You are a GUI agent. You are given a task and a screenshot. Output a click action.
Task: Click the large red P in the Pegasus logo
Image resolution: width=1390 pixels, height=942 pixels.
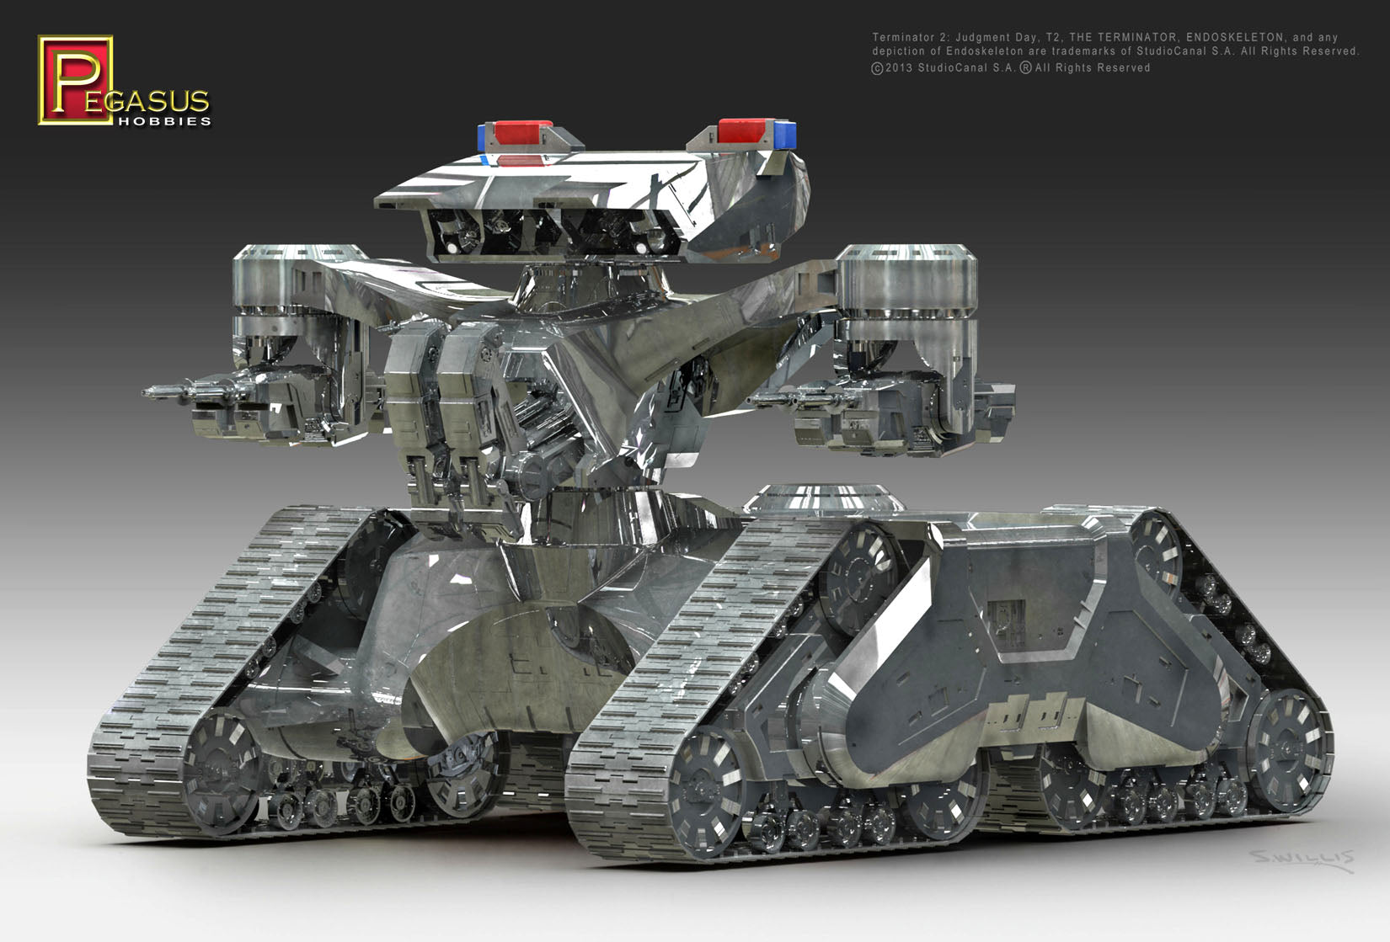pyautogui.click(x=74, y=80)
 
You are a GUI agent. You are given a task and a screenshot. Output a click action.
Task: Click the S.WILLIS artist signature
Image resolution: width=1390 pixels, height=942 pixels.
pyautogui.click(x=1301, y=859)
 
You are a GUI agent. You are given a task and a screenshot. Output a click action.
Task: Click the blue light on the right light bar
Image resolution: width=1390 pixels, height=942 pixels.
pyautogui.click(x=785, y=134)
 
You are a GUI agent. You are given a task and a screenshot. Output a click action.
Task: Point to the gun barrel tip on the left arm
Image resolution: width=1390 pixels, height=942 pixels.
pyautogui.click(x=150, y=391)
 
